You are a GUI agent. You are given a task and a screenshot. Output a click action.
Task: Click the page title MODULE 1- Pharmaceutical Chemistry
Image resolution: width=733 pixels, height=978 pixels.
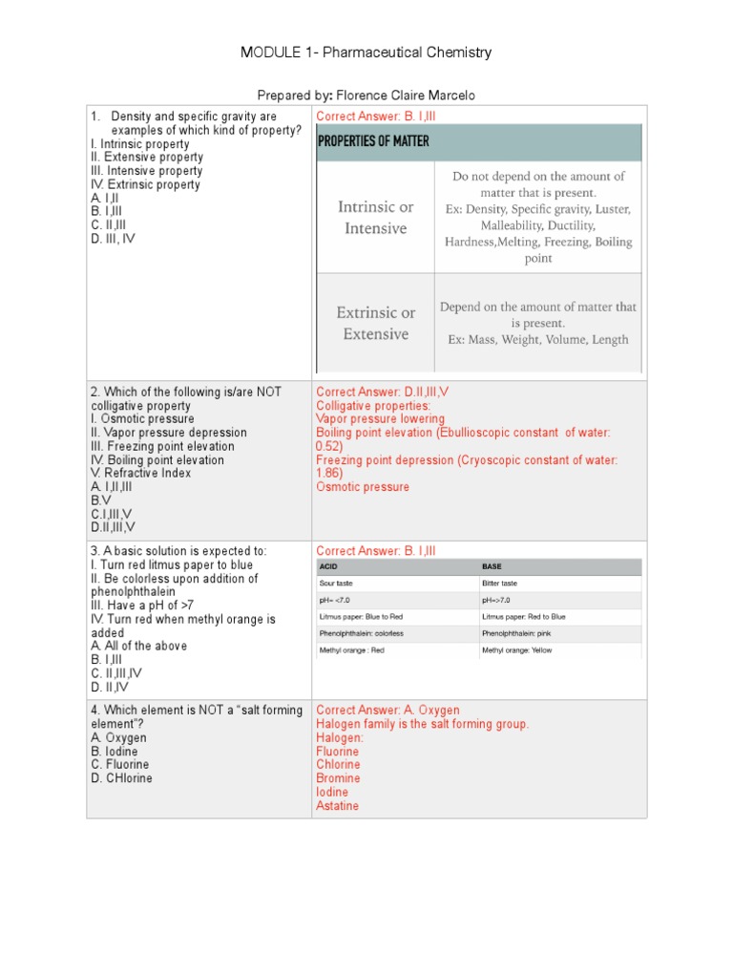(x=366, y=53)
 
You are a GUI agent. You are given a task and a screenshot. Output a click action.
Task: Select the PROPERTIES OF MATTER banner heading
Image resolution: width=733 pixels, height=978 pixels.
(x=373, y=141)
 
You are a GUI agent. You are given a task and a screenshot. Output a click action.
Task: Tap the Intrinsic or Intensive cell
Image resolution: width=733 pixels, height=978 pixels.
(x=375, y=218)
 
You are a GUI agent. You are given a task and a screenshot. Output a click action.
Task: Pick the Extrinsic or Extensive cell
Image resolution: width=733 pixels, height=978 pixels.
(x=375, y=323)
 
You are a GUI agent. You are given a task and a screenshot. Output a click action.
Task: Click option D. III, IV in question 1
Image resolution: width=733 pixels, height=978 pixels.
(x=113, y=239)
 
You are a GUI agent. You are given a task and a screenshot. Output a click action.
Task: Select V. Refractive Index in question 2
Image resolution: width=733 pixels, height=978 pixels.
(x=140, y=473)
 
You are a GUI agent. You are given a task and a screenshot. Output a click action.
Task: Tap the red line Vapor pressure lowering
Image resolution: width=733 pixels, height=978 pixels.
(x=380, y=418)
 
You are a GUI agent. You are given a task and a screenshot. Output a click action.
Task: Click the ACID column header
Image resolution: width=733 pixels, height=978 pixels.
(x=329, y=566)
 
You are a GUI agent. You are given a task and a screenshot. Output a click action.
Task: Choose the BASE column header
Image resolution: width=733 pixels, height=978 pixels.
(x=492, y=566)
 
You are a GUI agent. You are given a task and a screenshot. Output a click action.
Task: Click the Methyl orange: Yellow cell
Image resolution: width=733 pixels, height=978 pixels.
(x=518, y=650)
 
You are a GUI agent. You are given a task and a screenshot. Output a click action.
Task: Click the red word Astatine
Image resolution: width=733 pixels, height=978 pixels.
(x=337, y=806)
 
